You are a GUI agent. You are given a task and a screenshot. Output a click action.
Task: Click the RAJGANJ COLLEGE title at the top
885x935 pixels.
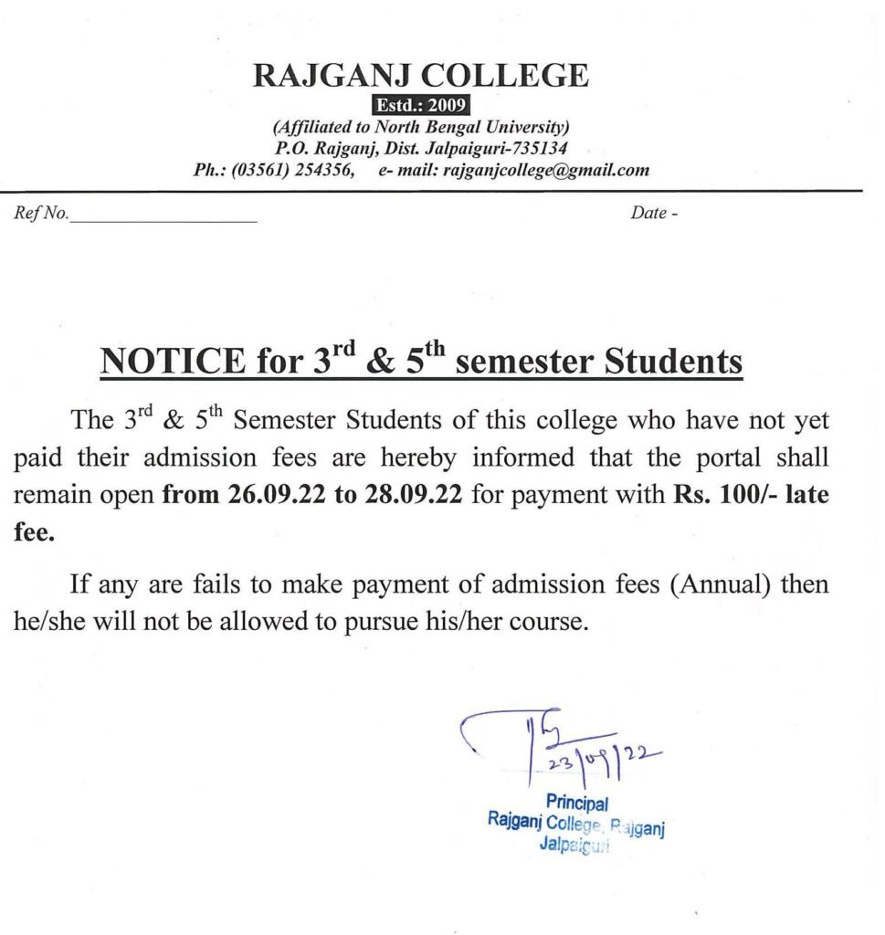pyautogui.click(x=420, y=74)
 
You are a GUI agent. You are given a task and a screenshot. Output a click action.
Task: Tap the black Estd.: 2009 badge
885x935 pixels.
pyautogui.click(x=421, y=105)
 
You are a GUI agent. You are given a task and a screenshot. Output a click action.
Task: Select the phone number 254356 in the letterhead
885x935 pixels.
pyautogui.click(x=325, y=170)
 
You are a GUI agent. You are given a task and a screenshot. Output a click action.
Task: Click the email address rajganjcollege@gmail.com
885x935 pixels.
pyautogui.click(x=546, y=170)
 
